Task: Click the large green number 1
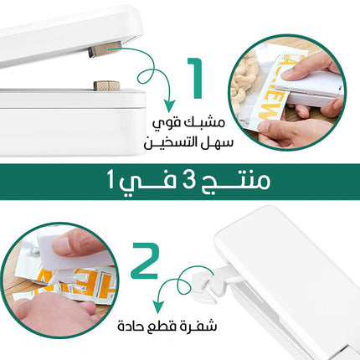(x=196, y=78)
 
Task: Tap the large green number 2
(x=145, y=260)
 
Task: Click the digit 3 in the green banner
(x=188, y=181)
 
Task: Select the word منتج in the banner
(x=235, y=182)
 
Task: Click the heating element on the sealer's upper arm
(x=105, y=49)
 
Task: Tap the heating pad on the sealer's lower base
(x=106, y=85)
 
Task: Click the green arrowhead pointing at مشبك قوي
(x=169, y=105)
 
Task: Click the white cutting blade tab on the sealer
(x=204, y=288)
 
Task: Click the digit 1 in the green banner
(x=111, y=181)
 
